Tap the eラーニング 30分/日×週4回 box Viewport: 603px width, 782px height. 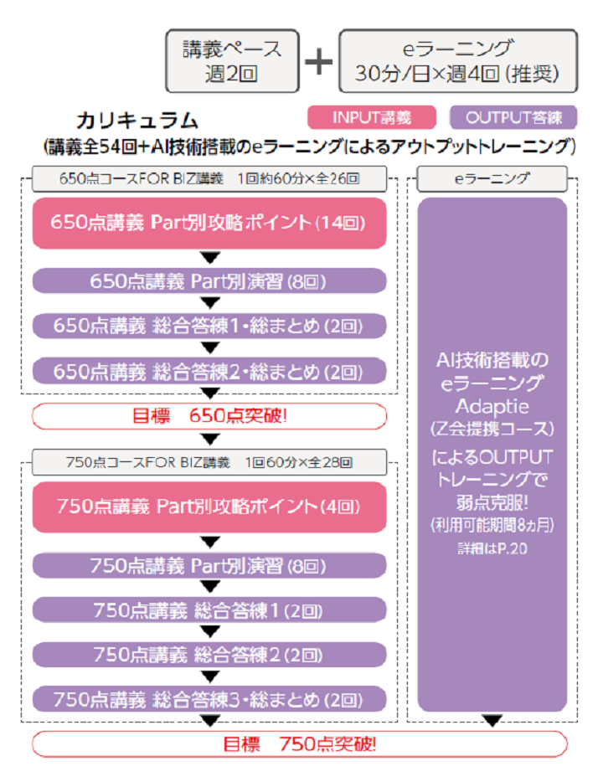tap(458, 60)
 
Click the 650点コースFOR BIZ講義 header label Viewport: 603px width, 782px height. tap(209, 177)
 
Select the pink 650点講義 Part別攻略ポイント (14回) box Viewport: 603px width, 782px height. tap(209, 223)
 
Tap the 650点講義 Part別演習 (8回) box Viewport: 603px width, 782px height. tap(209, 281)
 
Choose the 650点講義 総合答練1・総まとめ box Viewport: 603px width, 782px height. tap(209, 326)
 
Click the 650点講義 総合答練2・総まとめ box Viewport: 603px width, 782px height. tap(209, 370)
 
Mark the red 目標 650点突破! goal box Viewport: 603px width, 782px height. tap(209, 415)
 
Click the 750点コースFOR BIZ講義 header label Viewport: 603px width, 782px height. tap(209, 461)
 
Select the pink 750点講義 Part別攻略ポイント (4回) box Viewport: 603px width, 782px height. tap(209, 507)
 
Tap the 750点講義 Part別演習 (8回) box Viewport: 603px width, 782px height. tap(209, 566)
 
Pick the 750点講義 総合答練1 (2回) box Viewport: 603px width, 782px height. tap(209, 610)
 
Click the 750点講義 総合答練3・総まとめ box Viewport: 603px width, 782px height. tap(209, 698)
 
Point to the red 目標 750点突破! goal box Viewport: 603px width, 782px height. tap(299, 743)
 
